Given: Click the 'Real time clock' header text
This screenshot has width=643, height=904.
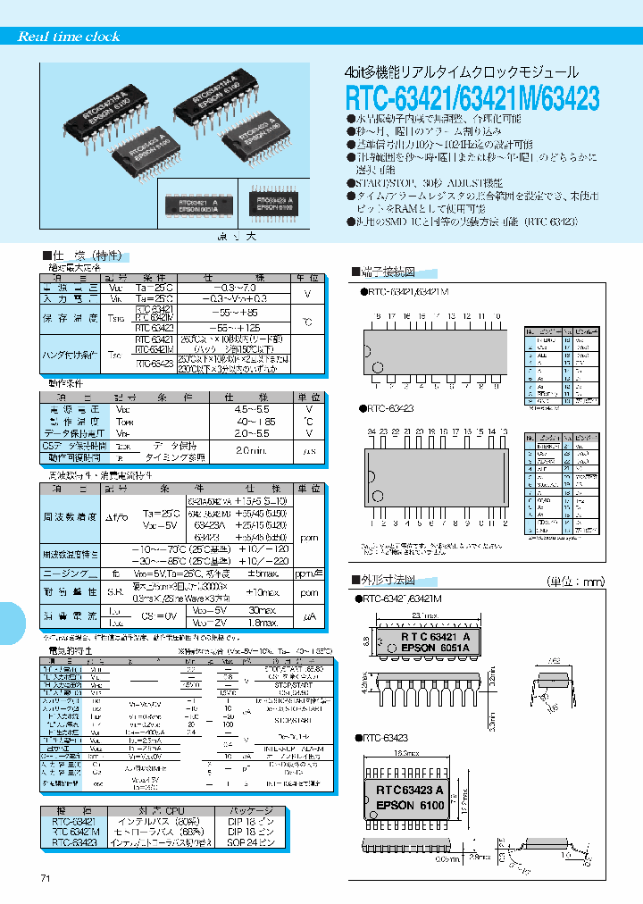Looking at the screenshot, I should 69,37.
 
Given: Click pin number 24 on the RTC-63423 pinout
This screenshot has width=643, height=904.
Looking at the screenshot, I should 371,431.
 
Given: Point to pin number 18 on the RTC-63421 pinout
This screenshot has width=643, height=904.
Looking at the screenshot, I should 378,316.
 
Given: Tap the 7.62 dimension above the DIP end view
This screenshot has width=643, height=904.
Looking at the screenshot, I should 555,662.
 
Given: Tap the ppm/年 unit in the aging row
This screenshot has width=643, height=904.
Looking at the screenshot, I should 308,572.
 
